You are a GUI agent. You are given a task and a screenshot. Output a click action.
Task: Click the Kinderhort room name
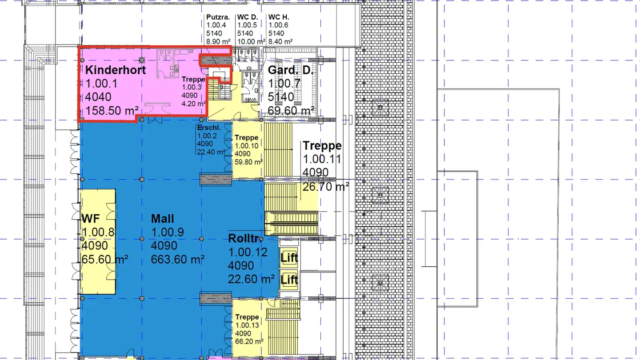tap(116, 70)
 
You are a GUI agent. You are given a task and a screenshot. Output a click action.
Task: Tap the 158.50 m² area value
tap(112, 111)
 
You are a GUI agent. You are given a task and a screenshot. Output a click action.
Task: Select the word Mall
tap(162, 219)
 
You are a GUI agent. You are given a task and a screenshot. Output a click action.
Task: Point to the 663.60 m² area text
tap(177, 260)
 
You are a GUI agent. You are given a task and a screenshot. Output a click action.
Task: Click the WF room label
tap(91, 219)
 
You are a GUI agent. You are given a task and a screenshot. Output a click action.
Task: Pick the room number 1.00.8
tap(98, 232)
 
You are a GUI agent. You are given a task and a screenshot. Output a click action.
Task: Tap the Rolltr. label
tap(244, 238)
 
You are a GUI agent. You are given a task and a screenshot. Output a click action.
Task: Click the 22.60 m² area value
tap(251, 279)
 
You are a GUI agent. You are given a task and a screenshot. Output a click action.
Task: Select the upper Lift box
tap(289, 257)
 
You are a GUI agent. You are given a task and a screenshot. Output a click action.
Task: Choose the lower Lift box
tap(289, 280)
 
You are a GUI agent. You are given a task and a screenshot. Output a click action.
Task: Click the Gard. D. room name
tap(291, 70)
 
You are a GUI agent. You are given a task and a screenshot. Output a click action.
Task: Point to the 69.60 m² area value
tap(291, 111)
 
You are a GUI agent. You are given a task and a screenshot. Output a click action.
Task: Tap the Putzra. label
tap(218, 17)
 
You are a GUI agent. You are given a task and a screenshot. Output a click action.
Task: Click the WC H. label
tap(279, 17)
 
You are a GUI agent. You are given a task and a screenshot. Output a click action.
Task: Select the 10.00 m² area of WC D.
tap(251, 41)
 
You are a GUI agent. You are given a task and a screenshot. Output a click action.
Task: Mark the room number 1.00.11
tap(322, 159)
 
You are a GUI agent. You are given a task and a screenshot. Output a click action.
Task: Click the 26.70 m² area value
tap(326, 187)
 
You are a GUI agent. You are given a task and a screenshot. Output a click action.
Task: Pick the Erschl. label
tap(209, 128)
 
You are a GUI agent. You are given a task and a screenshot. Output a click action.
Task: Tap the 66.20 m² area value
tap(249, 341)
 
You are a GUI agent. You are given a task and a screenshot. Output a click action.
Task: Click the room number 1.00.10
tap(247, 146)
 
